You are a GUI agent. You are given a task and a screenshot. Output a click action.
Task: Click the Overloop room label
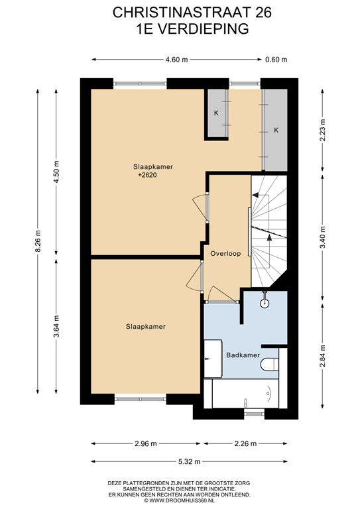225,254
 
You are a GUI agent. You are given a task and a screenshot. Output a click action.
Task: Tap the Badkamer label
243,355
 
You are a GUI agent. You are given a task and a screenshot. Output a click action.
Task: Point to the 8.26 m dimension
38,241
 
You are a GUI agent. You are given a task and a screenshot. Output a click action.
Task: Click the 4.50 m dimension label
56,172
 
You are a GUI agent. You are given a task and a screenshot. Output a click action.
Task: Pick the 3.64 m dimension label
56,326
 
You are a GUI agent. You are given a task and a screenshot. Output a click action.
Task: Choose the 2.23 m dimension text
322,130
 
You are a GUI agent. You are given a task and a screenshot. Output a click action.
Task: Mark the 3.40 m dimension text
322,237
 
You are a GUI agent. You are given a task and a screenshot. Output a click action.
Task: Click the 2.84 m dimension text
322,356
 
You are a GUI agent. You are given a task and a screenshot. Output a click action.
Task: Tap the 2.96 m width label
146,443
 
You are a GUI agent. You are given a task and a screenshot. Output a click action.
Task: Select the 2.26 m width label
245,443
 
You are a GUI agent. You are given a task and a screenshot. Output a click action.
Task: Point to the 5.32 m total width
189,461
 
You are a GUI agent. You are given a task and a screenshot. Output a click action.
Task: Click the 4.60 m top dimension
176,60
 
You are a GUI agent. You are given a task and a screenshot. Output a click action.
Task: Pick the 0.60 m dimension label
276,60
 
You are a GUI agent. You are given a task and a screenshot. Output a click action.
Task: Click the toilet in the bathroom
269,364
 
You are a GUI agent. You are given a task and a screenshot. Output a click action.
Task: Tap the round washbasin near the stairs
265,303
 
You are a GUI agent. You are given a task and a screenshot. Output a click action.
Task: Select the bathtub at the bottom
245,394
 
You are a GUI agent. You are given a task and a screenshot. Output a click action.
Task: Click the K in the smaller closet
216,113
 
